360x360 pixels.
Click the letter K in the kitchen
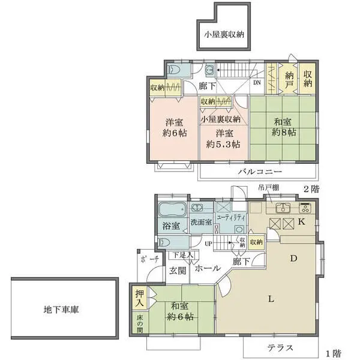coord(302,222)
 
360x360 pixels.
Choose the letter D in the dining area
coord(294,259)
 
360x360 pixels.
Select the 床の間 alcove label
coord(140,324)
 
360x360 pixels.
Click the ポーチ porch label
coord(149,260)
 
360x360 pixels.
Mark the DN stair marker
coord(257,83)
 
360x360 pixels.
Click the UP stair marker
coord(208,244)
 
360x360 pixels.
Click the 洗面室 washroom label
coord(201,222)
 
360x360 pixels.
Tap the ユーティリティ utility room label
coord(230,217)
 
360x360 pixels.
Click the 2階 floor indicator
coord(310,188)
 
